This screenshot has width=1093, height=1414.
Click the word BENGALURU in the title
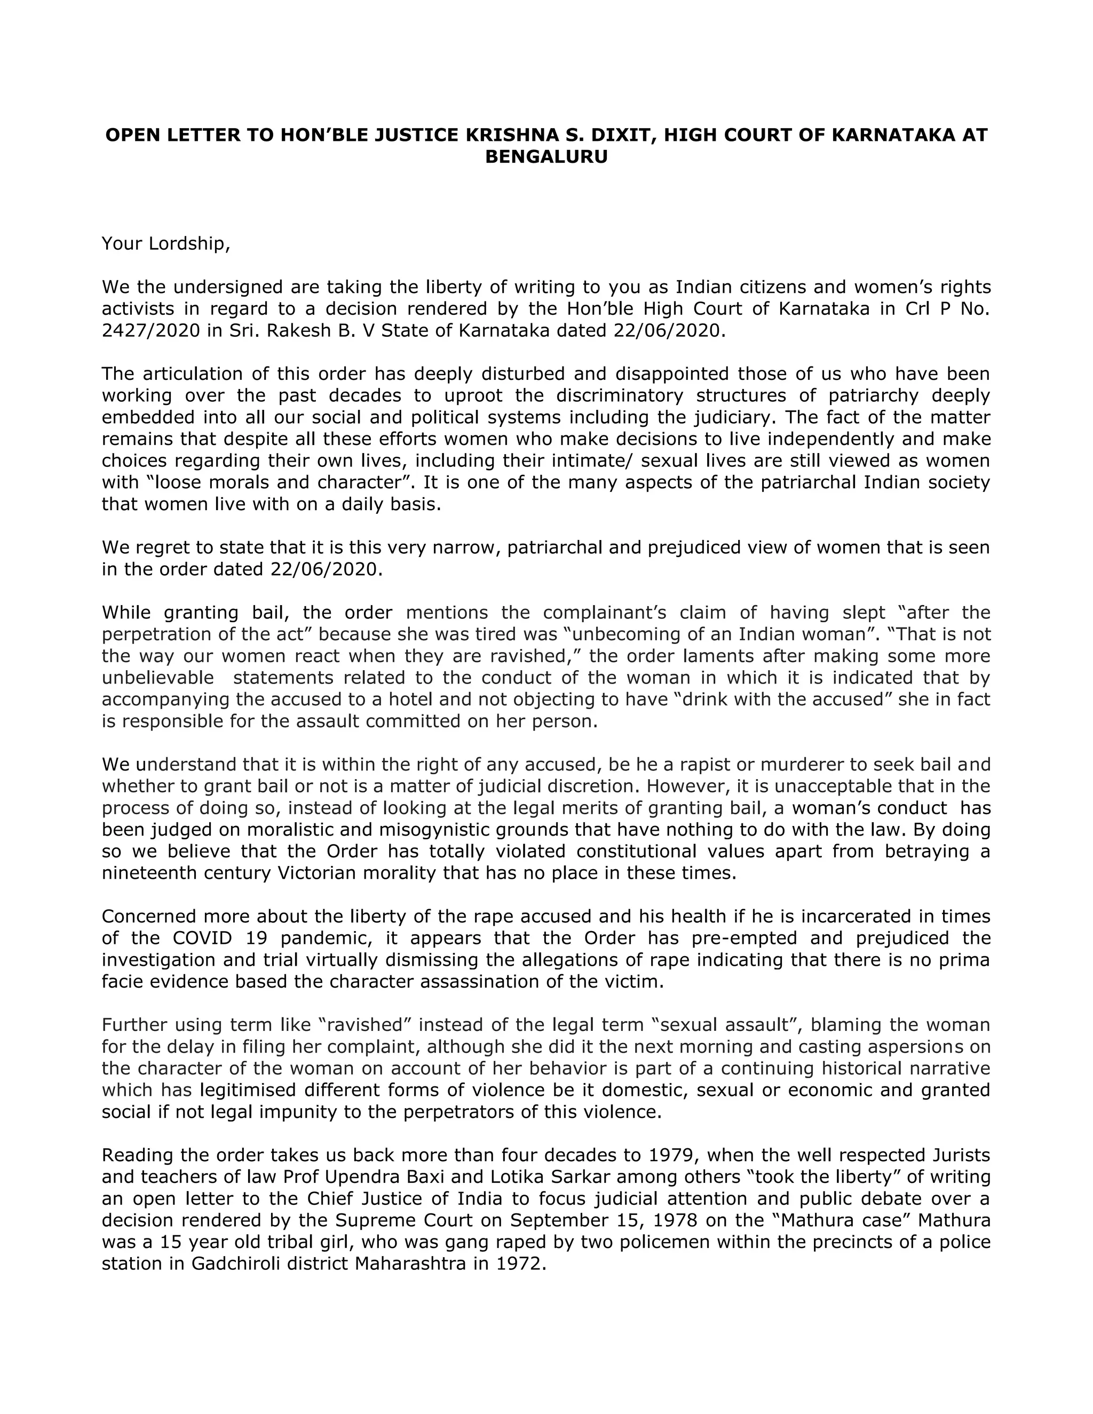(x=546, y=157)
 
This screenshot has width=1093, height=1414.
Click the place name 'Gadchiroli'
(x=237, y=1264)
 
